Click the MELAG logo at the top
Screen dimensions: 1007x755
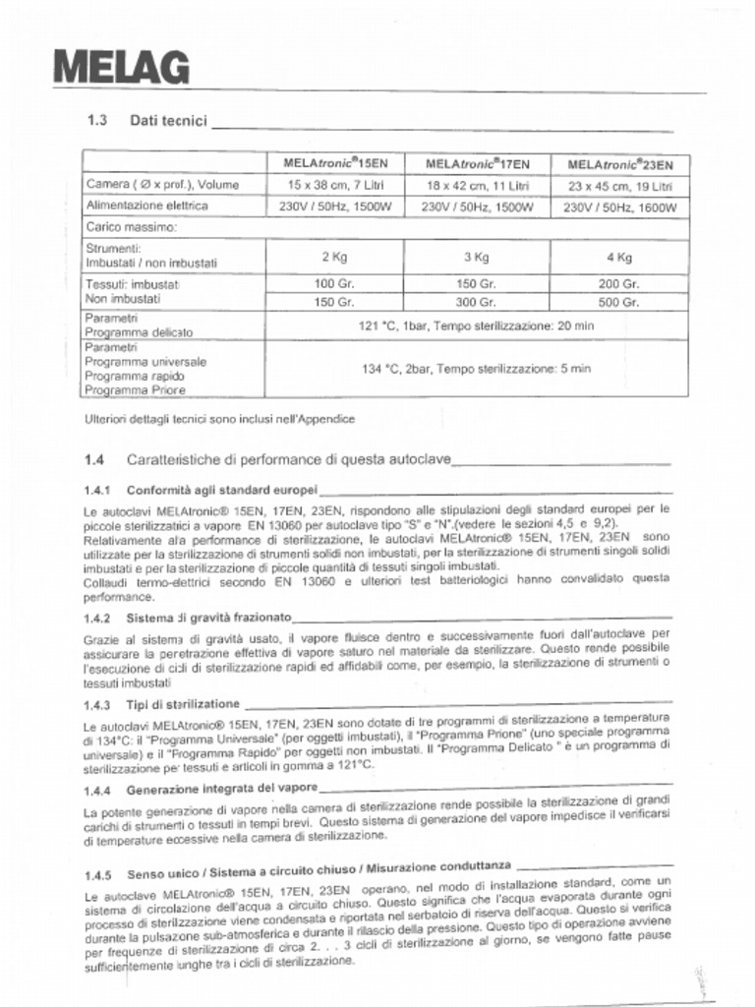120,68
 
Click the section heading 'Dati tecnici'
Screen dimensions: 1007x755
168,121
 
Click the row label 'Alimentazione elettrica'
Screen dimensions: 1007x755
146,206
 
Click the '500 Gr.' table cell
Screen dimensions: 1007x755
619,302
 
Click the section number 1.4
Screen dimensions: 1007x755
95,459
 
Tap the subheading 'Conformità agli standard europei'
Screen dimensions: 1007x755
221,489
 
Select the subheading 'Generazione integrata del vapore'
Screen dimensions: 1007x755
222,789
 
